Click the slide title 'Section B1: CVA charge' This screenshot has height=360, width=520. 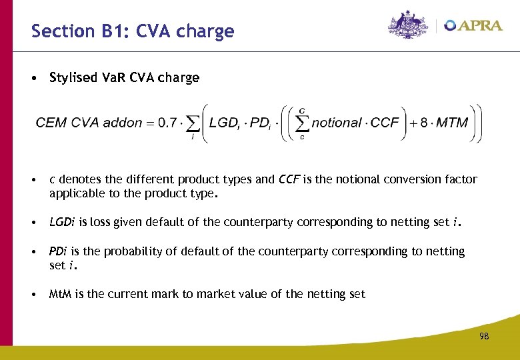[133, 31]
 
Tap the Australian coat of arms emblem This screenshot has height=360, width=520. [408, 25]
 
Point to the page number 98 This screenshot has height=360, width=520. [483, 337]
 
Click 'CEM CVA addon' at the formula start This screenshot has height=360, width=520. [89, 123]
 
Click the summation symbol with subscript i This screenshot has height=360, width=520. [193, 124]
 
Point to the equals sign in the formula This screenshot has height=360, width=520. [150, 123]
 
